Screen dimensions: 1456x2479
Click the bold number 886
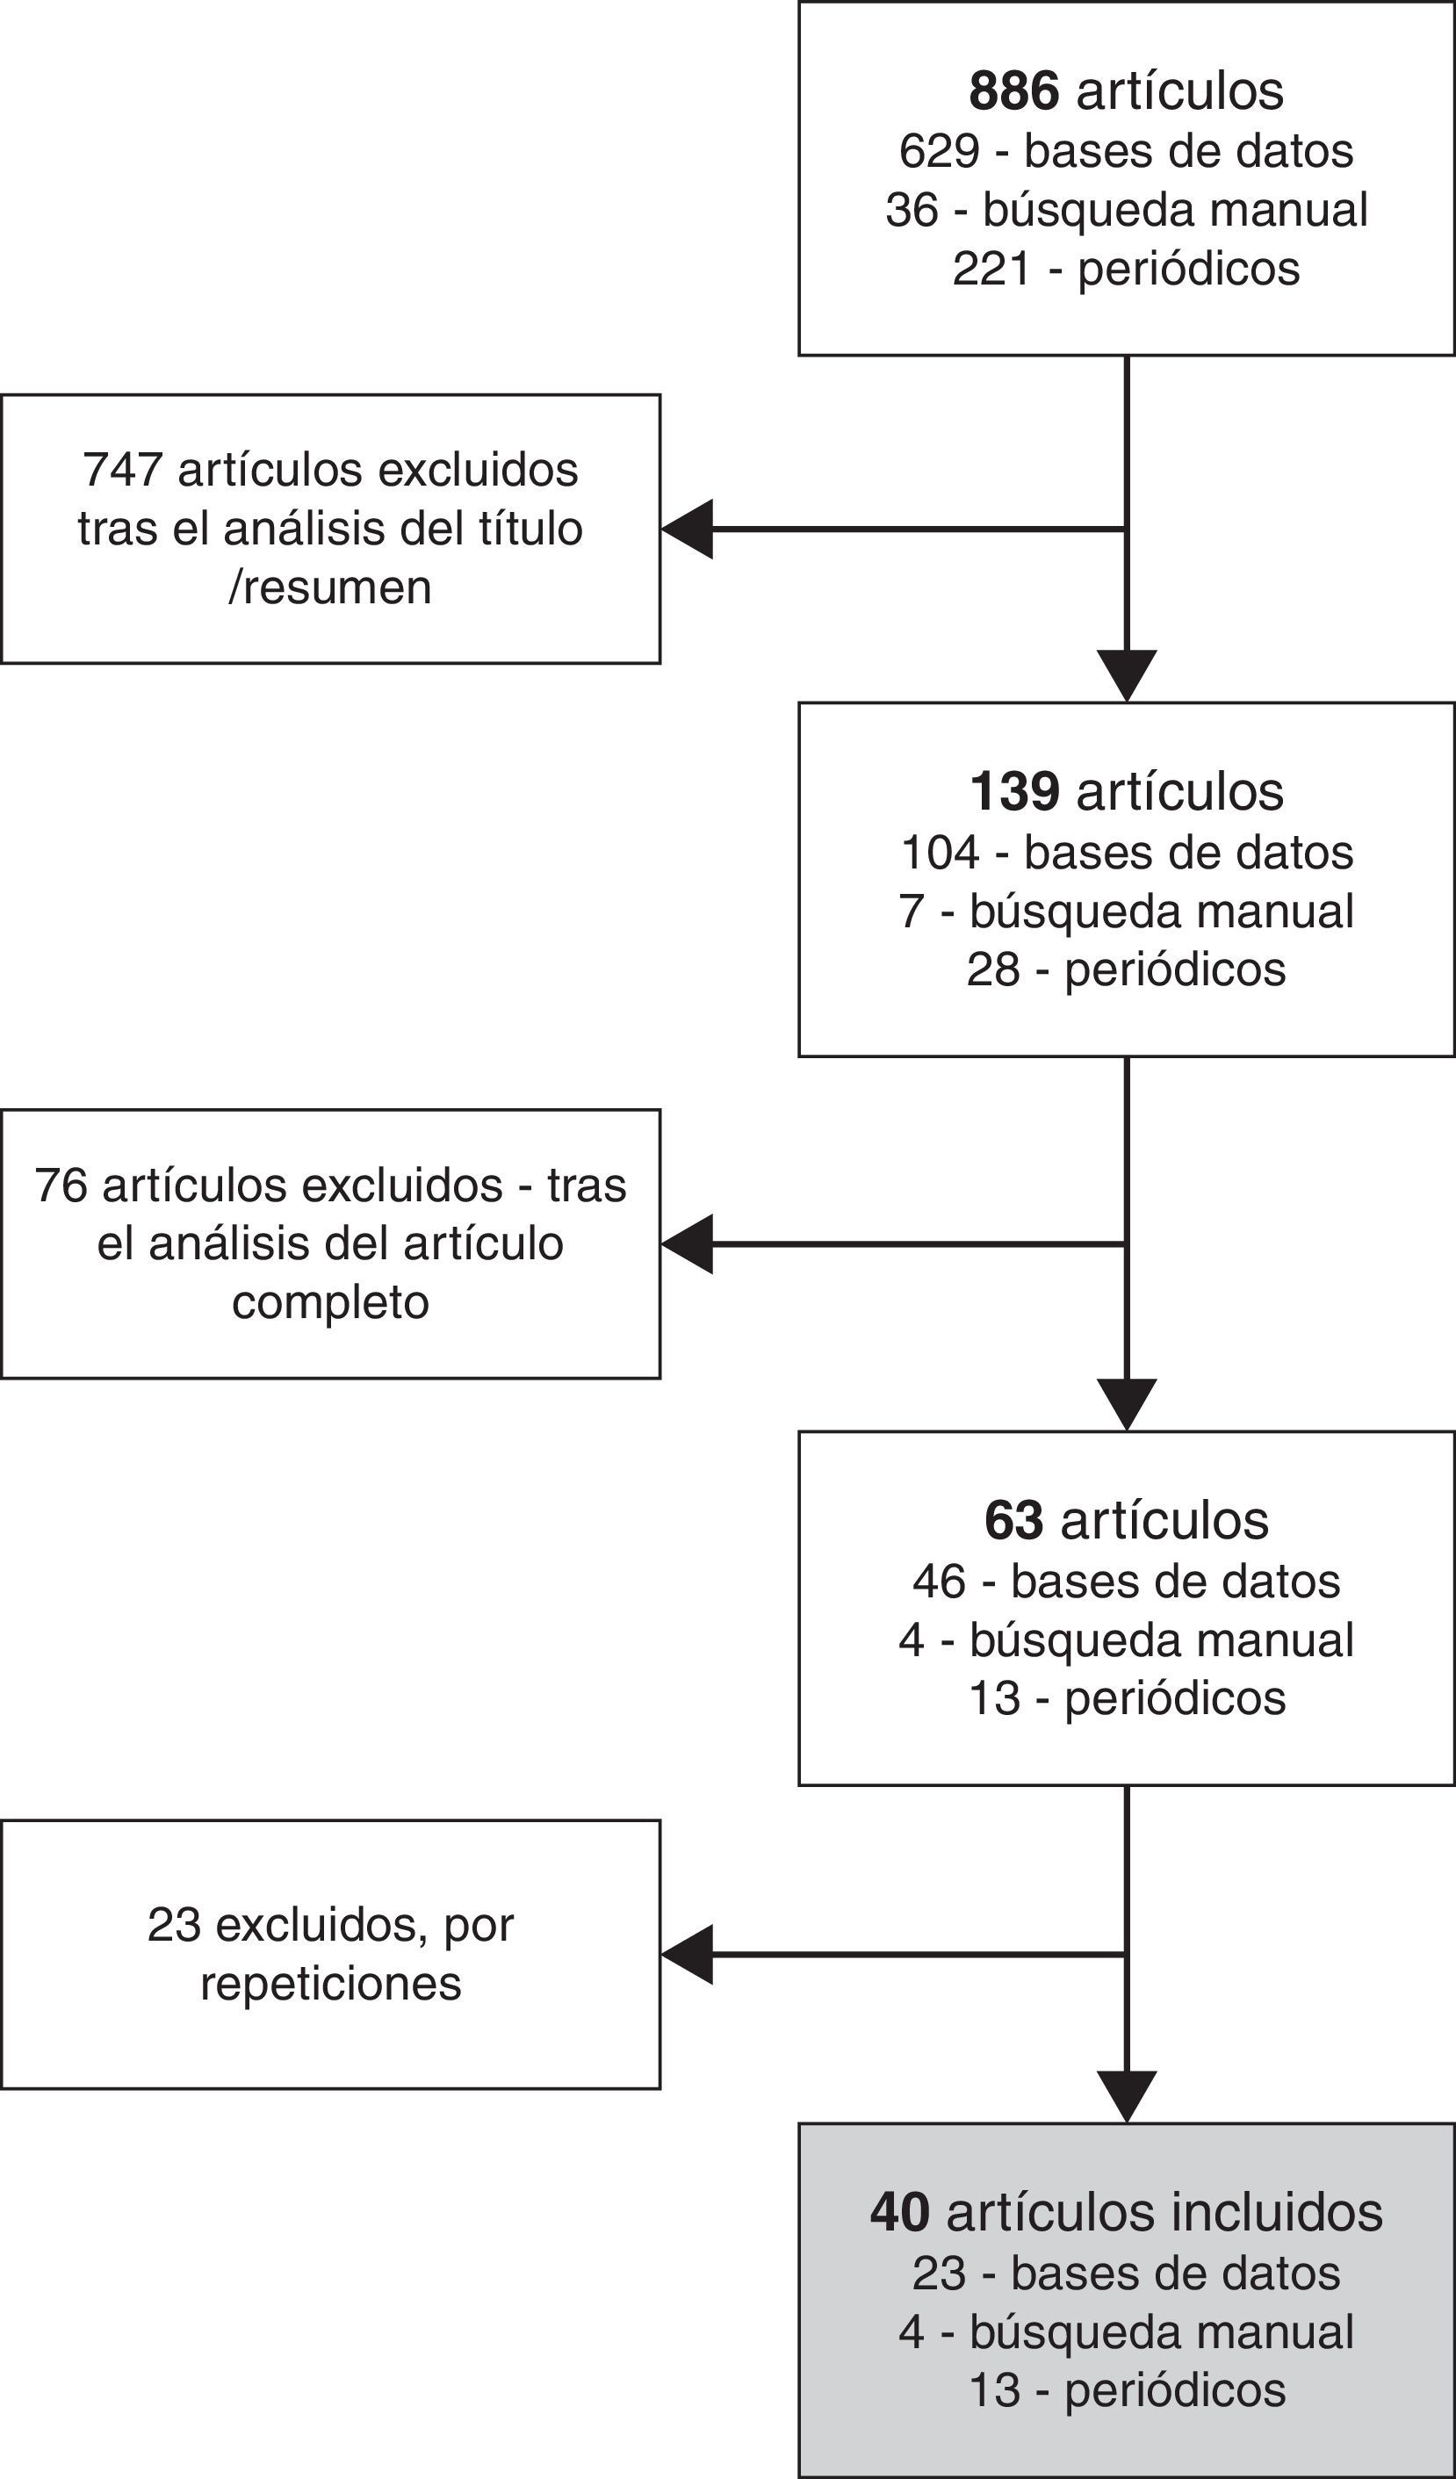(x=1013, y=91)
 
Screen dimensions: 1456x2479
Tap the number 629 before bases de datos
(x=940, y=152)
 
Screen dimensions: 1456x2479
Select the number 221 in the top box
(x=991, y=269)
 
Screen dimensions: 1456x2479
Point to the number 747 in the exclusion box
(x=122, y=470)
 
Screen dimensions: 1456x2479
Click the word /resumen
(x=329, y=587)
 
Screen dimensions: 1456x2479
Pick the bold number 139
(x=1014, y=792)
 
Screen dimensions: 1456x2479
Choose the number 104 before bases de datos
(x=940, y=853)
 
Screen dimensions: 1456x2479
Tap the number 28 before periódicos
(x=992, y=970)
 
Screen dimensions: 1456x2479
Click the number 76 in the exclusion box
(x=61, y=1185)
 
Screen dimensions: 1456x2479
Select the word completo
(x=329, y=1302)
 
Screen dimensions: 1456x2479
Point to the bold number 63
(x=1013, y=1521)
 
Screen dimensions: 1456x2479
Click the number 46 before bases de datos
(x=940, y=1582)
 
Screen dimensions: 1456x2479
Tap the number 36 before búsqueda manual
(x=912, y=211)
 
